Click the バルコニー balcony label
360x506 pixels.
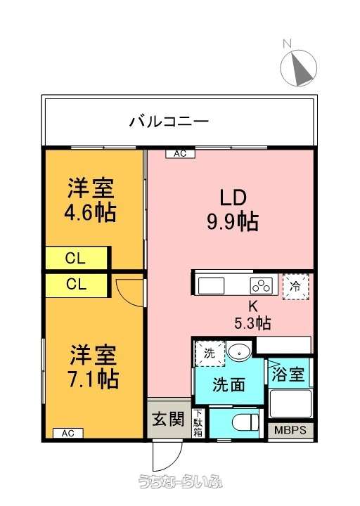tap(169, 122)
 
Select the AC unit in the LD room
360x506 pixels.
tap(181, 154)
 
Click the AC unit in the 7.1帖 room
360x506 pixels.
tap(67, 433)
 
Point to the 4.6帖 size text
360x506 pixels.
tap(90, 214)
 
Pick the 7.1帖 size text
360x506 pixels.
tap(93, 379)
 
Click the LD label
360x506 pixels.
tap(233, 197)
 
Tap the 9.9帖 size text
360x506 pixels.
tap(233, 221)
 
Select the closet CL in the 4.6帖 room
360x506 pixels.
tap(77, 258)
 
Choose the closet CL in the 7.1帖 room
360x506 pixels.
tap(77, 285)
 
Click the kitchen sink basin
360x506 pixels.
tap(211, 285)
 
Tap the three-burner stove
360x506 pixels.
tap(261, 285)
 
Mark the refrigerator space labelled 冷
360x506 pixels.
tap(296, 287)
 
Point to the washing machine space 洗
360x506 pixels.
tap(210, 353)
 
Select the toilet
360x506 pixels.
tap(247, 422)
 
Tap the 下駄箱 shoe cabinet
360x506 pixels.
tap(198, 423)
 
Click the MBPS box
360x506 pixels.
tap(290, 430)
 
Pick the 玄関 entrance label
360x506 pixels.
tap(168, 419)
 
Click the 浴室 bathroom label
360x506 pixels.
tap(288, 375)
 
